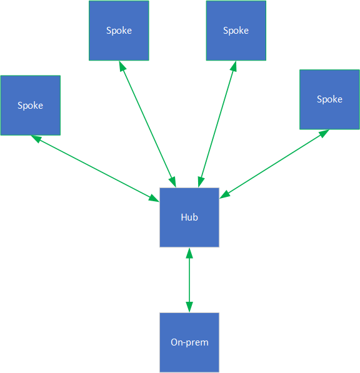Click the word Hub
click(x=189, y=217)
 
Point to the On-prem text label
click(x=189, y=342)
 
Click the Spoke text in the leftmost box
click(x=30, y=106)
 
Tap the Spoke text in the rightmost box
click(x=329, y=99)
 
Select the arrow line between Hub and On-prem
click(x=189, y=280)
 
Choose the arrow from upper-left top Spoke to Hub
click(x=147, y=124)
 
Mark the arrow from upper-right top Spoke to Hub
click(x=217, y=124)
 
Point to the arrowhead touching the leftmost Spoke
click(x=36, y=139)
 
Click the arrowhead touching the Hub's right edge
click(x=224, y=195)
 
